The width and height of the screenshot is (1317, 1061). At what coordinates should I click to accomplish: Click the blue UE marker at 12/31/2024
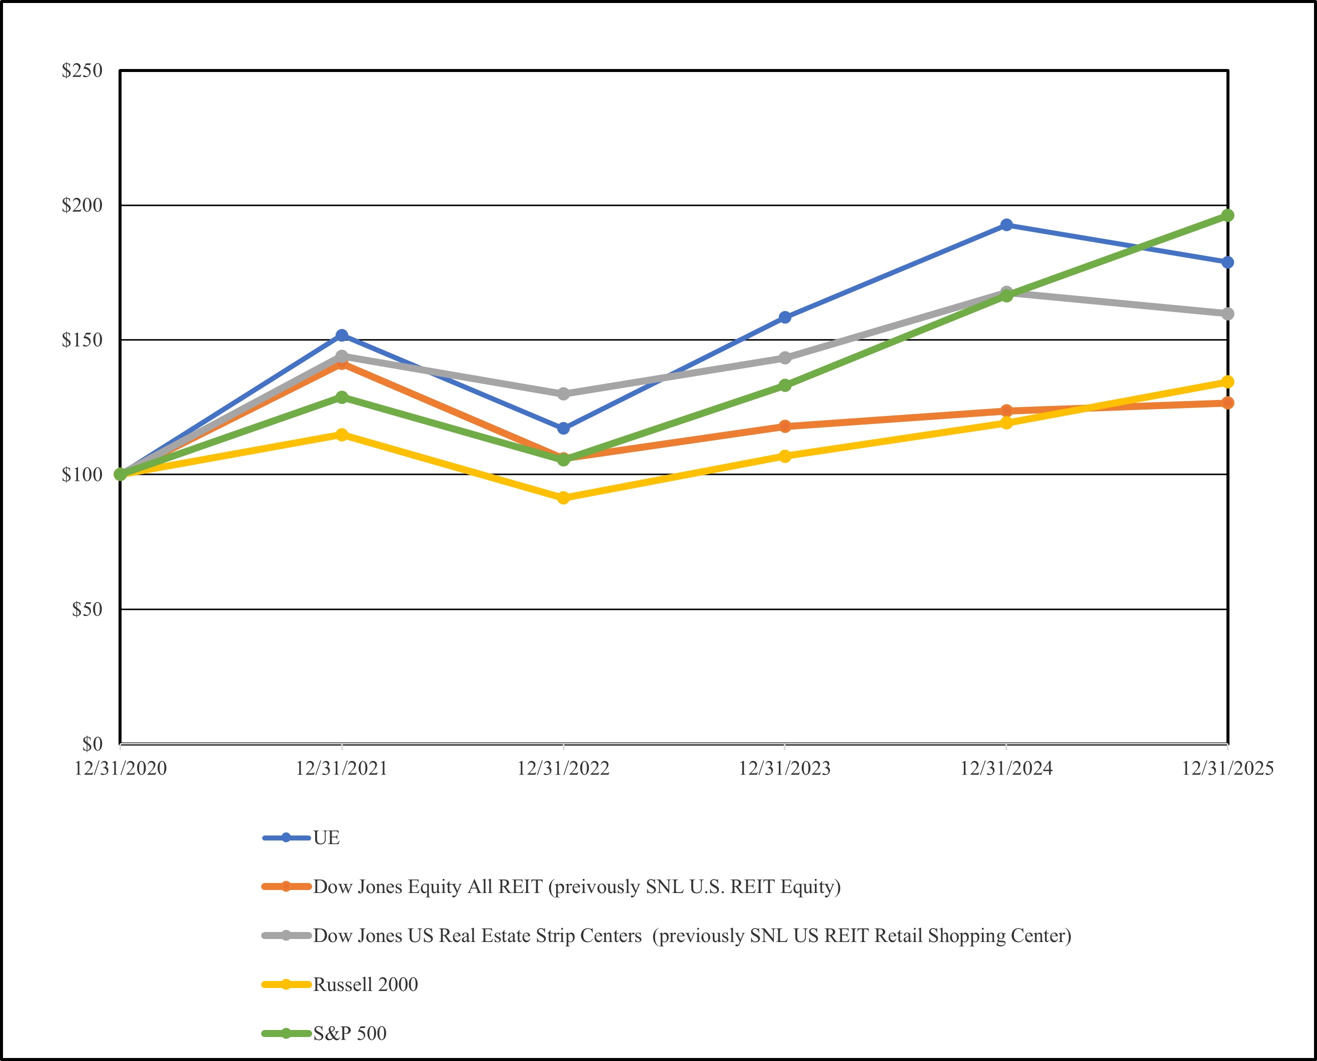[x=1006, y=225]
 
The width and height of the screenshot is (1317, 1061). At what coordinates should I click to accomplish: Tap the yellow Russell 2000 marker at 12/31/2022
[x=564, y=497]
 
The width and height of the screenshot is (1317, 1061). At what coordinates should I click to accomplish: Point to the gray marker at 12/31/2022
[x=564, y=393]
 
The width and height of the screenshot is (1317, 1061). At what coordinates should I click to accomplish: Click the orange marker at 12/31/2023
[x=785, y=426]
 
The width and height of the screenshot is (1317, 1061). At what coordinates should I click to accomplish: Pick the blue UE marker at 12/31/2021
[x=342, y=335]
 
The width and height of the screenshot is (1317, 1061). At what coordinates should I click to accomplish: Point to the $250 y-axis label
[x=82, y=71]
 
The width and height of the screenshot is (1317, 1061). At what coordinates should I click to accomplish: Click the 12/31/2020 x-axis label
[x=121, y=768]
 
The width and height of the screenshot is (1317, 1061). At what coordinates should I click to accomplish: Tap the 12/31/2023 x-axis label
[x=785, y=768]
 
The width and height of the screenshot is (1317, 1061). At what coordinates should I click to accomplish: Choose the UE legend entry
[x=326, y=838]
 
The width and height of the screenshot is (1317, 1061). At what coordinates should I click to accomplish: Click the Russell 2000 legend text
[x=365, y=984]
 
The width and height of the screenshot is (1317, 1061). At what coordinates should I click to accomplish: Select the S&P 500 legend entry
[x=349, y=1033]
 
